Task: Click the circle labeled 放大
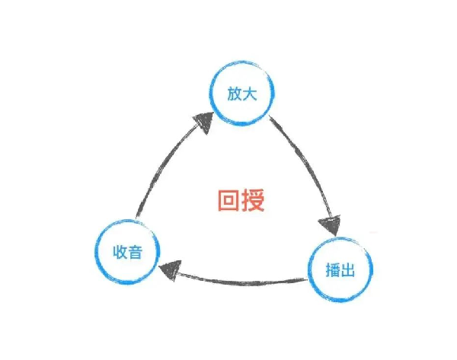241,95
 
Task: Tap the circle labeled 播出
340,269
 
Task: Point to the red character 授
252,200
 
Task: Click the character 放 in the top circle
233,94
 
